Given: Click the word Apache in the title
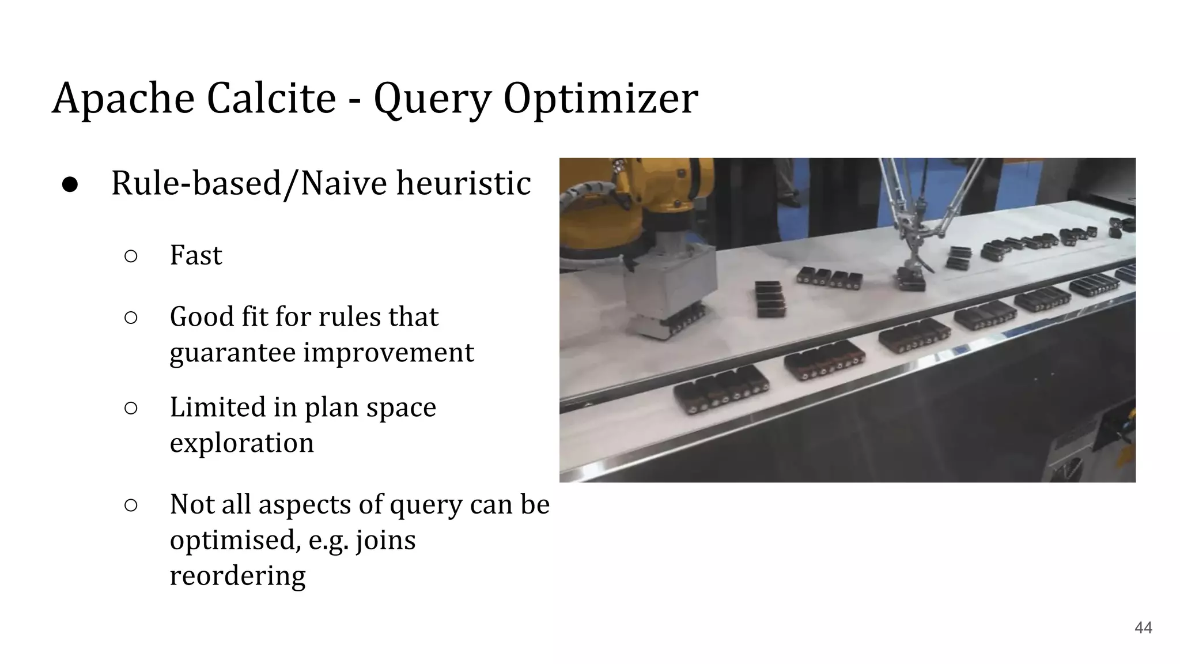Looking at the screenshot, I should pyautogui.click(x=123, y=98).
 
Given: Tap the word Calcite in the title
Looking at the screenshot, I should pyautogui.click(x=271, y=98).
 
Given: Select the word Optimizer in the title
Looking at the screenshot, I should pyautogui.click(x=600, y=98).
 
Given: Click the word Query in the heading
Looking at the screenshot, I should pyautogui.click(x=432, y=99).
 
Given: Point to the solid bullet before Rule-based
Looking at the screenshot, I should pyautogui.click(x=70, y=184).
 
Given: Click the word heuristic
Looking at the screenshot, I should pyautogui.click(x=463, y=183).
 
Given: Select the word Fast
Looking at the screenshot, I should pyautogui.click(x=195, y=255).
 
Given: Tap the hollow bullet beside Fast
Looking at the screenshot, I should pyautogui.click(x=131, y=256).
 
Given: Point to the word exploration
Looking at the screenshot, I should pyautogui.click(x=241, y=443).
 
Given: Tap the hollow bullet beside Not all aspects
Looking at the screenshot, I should pyautogui.click(x=131, y=505).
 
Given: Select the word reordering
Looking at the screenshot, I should pyautogui.click(x=237, y=575).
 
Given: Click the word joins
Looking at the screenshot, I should pyautogui.click(x=385, y=540).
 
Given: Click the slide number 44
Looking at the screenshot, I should pyautogui.click(x=1143, y=628).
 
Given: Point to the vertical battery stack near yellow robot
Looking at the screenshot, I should pyautogui.click(x=770, y=299).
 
